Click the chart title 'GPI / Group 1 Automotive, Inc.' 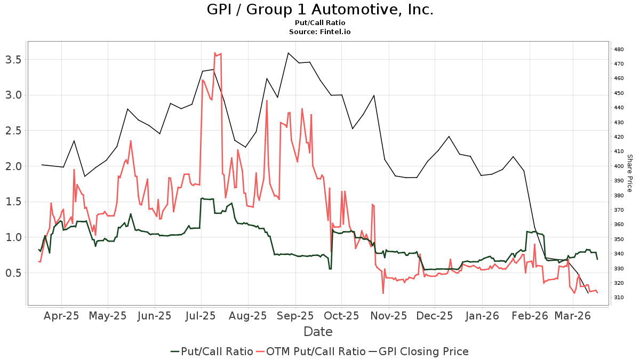tap(319, 10)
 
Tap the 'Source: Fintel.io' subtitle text tap(319, 32)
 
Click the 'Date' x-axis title tap(318, 332)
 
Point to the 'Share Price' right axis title tap(629, 173)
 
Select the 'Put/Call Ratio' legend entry tap(212, 351)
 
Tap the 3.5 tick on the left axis tap(15, 59)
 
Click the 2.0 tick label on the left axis tap(15, 166)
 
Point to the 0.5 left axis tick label tap(15, 273)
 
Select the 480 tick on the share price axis tap(619, 50)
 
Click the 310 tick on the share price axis tap(619, 297)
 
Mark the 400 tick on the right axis tap(619, 166)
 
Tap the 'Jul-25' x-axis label tap(201, 316)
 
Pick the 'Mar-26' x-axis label tap(572, 316)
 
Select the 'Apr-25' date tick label tap(61, 316)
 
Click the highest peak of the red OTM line tap(214, 53)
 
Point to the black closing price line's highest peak tap(288, 53)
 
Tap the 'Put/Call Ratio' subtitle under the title tap(319, 23)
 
